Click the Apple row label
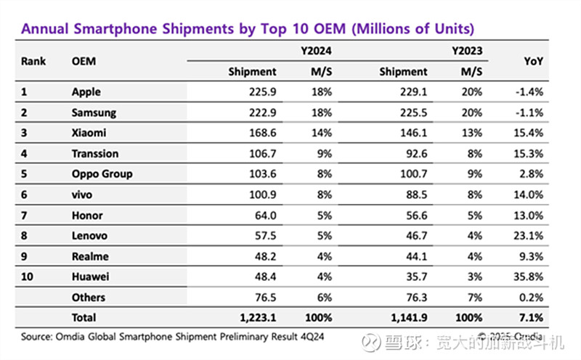86,92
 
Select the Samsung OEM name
94,112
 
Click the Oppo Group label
102,174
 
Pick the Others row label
89,297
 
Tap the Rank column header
33,62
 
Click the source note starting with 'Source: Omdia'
175,337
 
